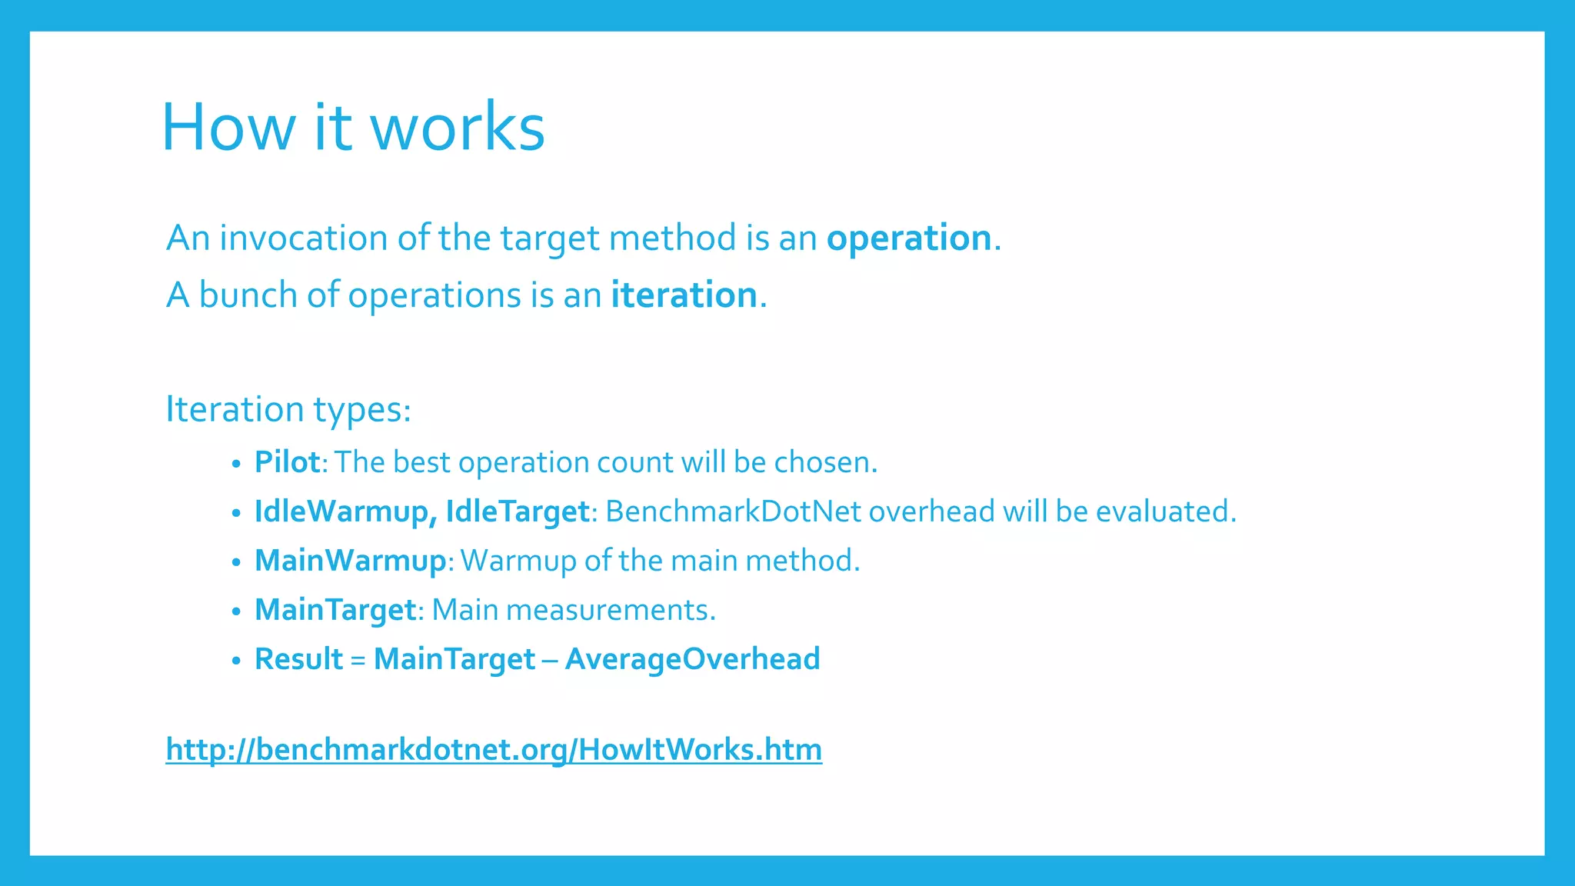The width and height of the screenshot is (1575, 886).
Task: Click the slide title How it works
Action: [x=353, y=127]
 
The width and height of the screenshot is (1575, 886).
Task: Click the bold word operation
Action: [x=909, y=238]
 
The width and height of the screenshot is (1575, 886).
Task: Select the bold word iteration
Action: [x=684, y=295]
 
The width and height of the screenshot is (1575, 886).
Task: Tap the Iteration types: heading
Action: [x=288, y=409]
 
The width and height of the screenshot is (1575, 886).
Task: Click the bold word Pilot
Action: [x=287, y=462]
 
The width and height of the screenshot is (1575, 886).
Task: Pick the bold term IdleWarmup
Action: [x=341, y=512]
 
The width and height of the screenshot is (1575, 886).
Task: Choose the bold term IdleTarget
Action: [x=517, y=512]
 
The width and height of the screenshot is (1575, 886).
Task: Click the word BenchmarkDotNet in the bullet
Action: [x=733, y=511]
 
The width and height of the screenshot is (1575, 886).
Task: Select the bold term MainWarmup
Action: [x=350, y=561]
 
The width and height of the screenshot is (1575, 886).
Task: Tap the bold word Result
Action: [x=298, y=659]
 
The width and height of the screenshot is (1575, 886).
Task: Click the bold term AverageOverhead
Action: [x=692, y=659]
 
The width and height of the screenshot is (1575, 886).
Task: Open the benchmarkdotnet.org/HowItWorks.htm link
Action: [x=494, y=749]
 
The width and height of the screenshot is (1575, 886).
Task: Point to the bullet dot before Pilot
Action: [x=236, y=464]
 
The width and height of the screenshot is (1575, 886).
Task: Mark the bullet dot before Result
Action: [x=236, y=661]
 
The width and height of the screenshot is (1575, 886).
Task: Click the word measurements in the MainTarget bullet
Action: [x=610, y=610]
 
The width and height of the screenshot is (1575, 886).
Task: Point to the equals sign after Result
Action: [x=358, y=660]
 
